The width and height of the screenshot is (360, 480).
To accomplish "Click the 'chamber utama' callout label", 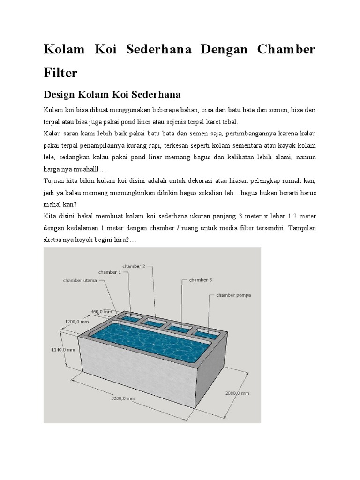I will tap(80, 281).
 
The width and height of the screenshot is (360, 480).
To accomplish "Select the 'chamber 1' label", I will tap(110, 272).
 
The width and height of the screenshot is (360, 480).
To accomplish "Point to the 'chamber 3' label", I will tap(201, 280).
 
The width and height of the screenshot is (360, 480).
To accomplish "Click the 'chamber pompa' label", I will tap(233, 295).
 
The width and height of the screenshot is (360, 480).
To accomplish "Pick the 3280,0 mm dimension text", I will tap(123, 398).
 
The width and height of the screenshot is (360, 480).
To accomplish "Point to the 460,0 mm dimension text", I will tap(101, 311).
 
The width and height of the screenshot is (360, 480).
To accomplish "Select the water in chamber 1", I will tap(127, 319).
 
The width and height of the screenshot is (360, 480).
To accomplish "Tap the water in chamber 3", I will tap(179, 329).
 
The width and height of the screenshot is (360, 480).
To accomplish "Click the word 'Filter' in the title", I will tap(60, 73).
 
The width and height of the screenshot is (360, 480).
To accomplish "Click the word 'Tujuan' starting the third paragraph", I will tap(54, 181).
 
